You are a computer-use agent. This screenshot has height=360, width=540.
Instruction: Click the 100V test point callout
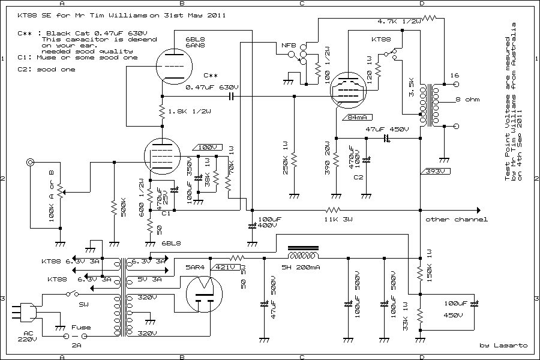point(205,147)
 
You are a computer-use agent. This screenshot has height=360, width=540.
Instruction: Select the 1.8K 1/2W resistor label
point(190,112)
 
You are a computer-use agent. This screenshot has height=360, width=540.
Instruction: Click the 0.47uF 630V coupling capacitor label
point(212,88)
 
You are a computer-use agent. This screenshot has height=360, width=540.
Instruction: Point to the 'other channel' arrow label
point(456,220)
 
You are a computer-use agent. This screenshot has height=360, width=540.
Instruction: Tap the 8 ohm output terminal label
point(468,100)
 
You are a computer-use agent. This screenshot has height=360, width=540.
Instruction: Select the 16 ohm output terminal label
point(454,76)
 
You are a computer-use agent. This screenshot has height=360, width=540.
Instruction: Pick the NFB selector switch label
point(289,46)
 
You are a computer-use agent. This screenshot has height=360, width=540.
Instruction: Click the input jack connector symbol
point(29,163)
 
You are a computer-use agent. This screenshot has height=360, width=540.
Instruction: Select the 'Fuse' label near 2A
point(81,327)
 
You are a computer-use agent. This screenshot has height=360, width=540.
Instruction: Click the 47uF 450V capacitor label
point(387,129)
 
